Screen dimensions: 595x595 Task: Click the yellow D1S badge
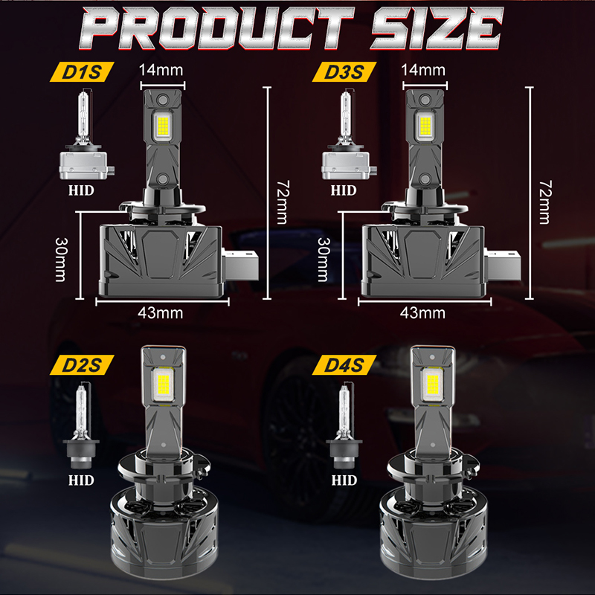[x=82, y=71]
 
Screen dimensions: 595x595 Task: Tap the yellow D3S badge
[x=344, y=71]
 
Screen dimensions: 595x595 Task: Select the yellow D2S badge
[x=82, y=365]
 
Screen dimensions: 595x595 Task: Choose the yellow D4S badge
[x=344, y=365]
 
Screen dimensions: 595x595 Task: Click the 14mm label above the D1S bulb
[x=161, y=70]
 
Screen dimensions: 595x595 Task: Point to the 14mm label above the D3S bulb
[x=423, y=70]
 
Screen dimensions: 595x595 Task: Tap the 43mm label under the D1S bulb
[x=160, y=313]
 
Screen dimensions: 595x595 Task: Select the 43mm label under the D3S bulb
[x=422, y=313]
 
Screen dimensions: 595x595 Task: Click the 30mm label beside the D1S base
[x=61, y=260]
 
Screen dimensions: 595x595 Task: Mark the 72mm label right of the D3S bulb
[x=546, y=202]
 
